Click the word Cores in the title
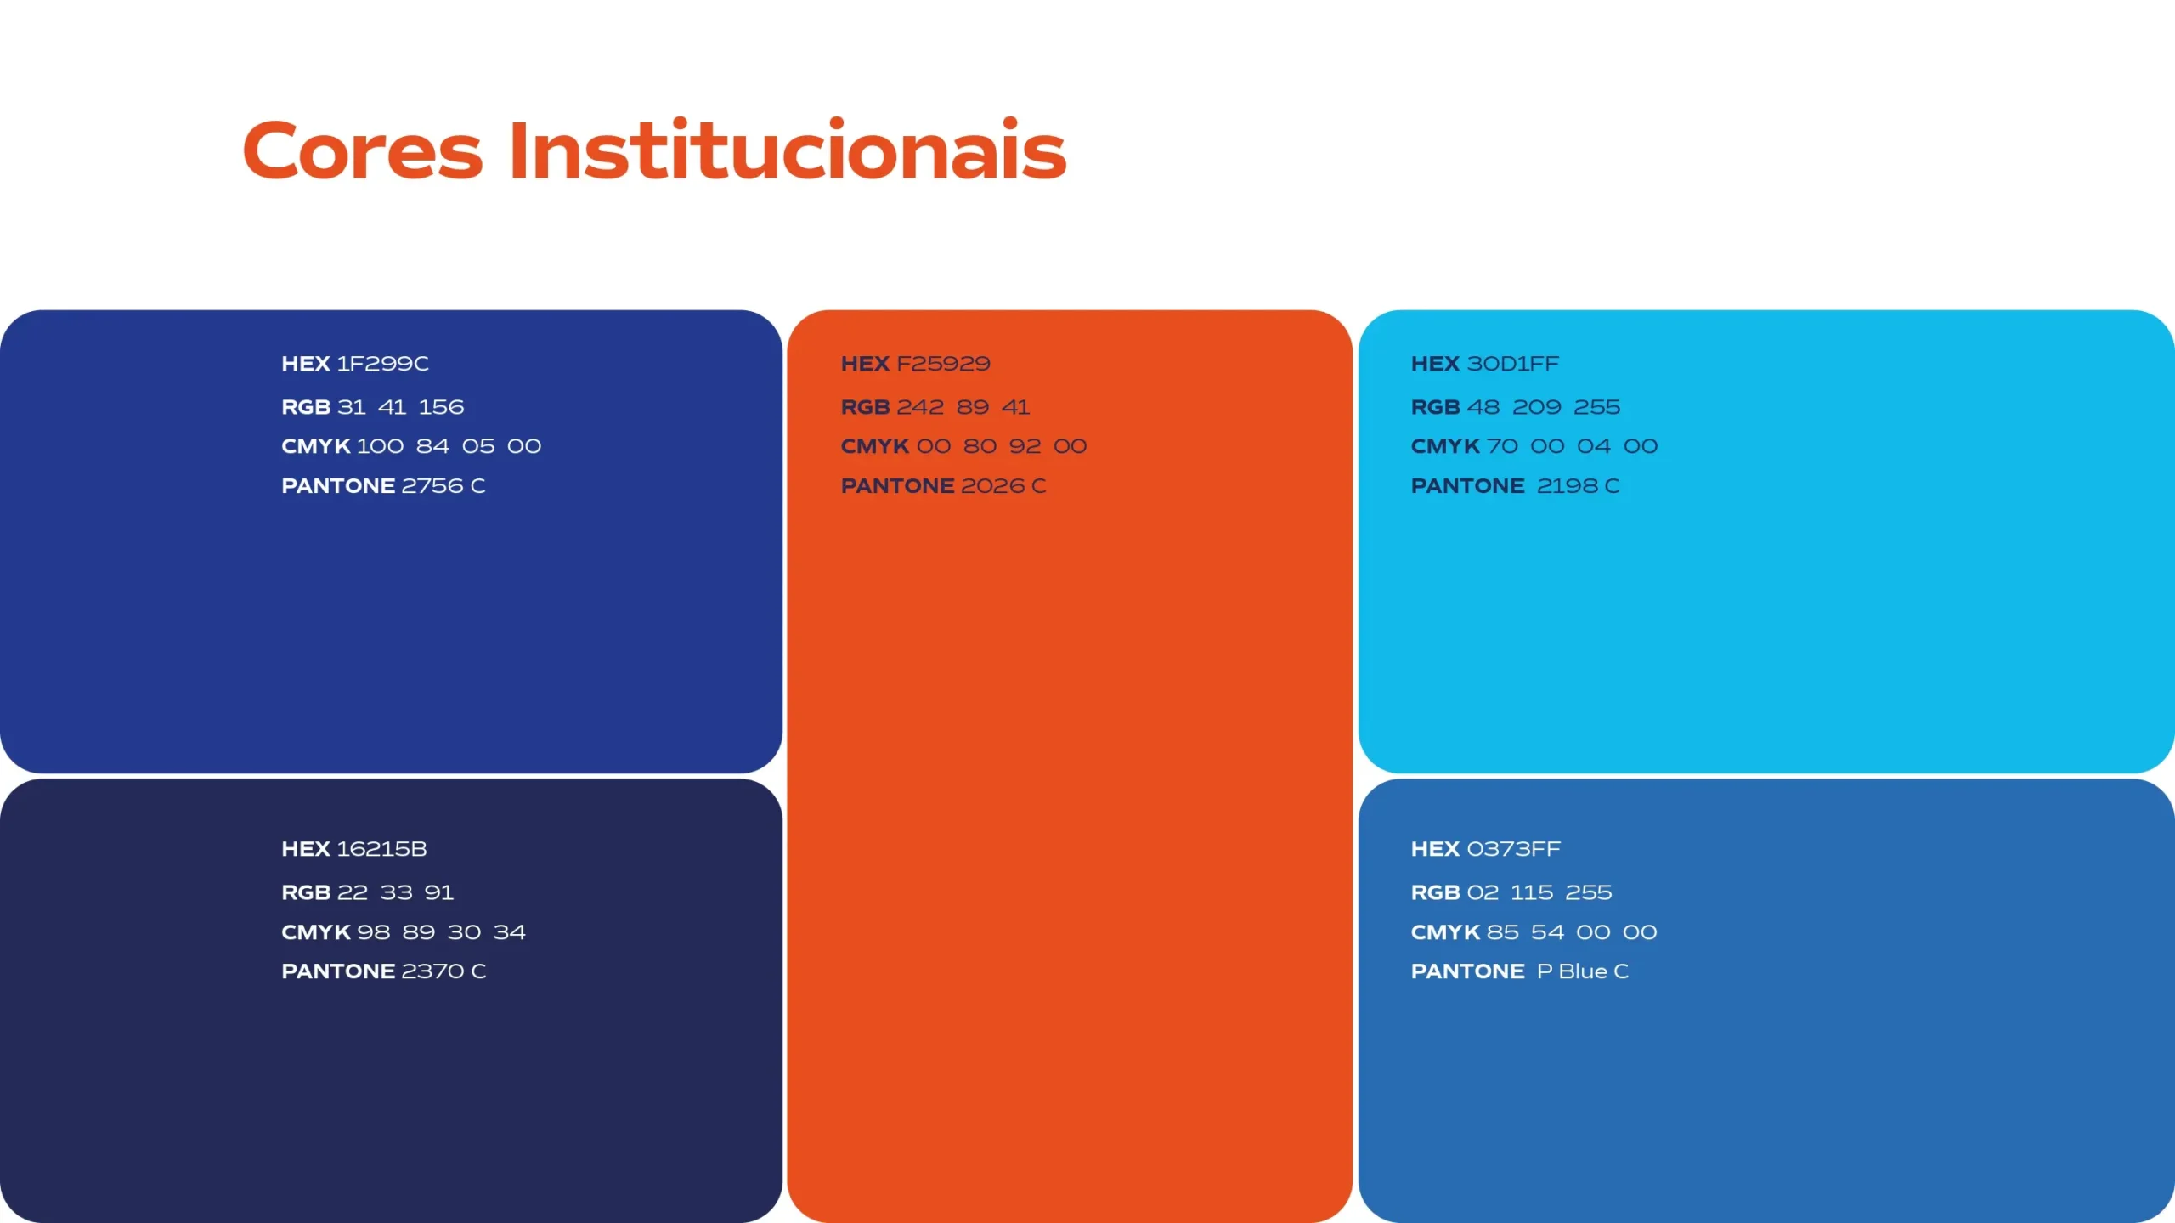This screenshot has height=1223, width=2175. pos(363,150)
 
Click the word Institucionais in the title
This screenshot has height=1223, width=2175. pos(788,149)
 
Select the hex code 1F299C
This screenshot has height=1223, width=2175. pos(383,364)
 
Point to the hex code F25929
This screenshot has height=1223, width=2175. pos(943,364)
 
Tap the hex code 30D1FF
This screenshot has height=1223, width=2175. pos(1513,364)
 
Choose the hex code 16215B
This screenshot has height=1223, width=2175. pos(382,849)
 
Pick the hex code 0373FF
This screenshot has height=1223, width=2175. pos(1514,849)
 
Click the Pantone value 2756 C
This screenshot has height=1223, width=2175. pos(443,486)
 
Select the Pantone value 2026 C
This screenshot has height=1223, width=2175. pos(1003,486)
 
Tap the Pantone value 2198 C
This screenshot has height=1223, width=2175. pos(1579,486)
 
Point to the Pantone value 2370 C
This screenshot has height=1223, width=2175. pos(443,971)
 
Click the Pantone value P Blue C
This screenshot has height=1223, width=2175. pos(1583,971)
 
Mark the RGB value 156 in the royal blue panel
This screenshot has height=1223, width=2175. pos(442,407)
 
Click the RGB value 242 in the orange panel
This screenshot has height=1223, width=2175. pos(920,407)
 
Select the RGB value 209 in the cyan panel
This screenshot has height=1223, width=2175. pos(1537,407)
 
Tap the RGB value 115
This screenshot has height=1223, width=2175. pos(1532,892)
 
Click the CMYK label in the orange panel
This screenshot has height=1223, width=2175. pos(875,446)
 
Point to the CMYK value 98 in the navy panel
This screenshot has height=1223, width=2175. pos(374,932)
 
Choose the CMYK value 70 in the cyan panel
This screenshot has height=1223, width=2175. pos(1502,446)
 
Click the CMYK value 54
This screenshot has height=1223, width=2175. pos(1547,932)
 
